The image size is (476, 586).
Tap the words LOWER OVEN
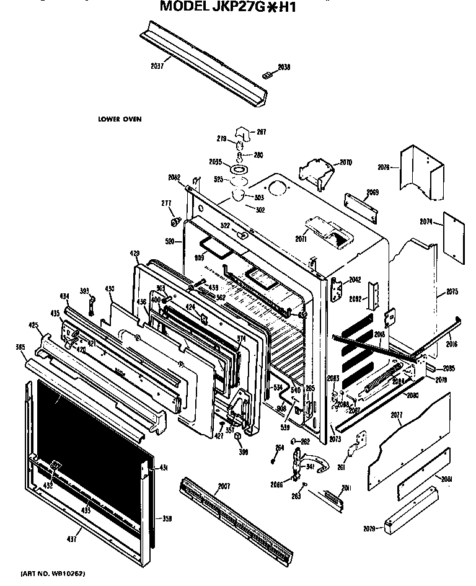click(116, 119)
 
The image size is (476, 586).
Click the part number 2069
click(372, 192)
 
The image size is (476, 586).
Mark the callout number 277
click(165, 203)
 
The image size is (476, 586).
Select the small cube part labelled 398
click(237, 439)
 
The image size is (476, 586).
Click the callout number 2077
click(397, 415)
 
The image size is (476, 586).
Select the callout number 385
click(21, 347)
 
